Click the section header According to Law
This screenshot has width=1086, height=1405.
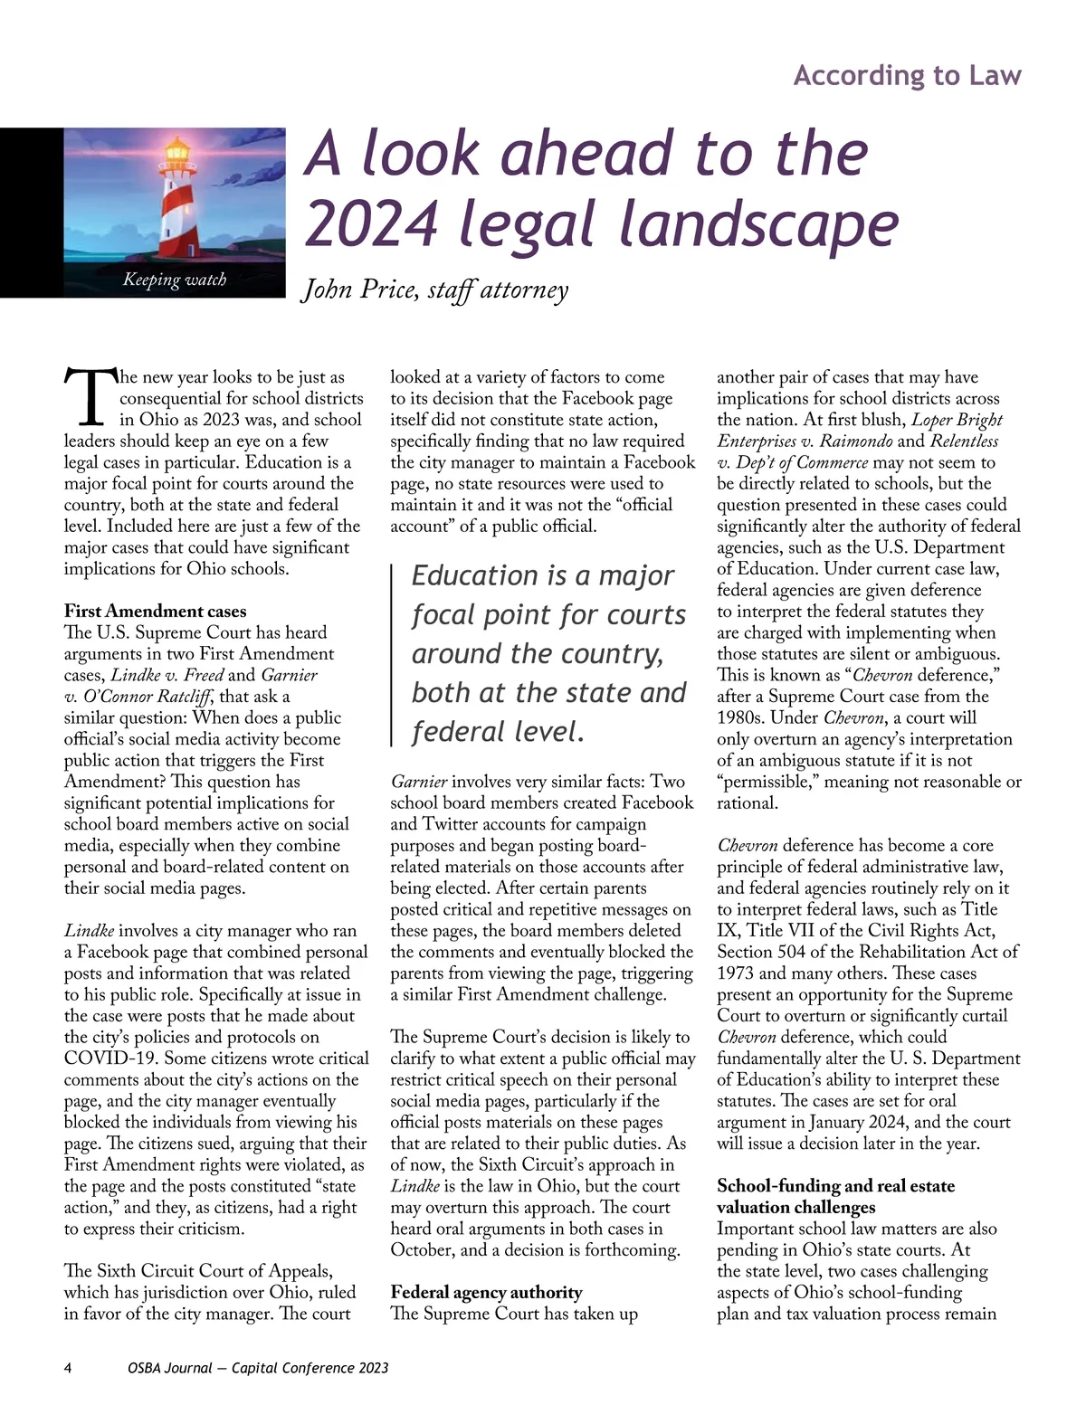click(x=907, y=75)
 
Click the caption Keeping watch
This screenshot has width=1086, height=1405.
click(x=175, y=280)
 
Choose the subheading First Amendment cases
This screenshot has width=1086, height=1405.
click(x=155, y=611)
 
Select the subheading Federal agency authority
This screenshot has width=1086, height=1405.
click(x=486, y=1292)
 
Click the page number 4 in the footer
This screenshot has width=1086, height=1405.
click(x=68, y=1368)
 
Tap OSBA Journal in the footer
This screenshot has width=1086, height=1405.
click(x=169, y=1368)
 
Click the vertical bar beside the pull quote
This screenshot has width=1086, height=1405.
click(x=392, y=654)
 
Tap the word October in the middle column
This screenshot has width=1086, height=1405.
click(x=423, y=1250)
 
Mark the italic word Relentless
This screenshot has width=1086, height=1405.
click(x=964, y=441)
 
